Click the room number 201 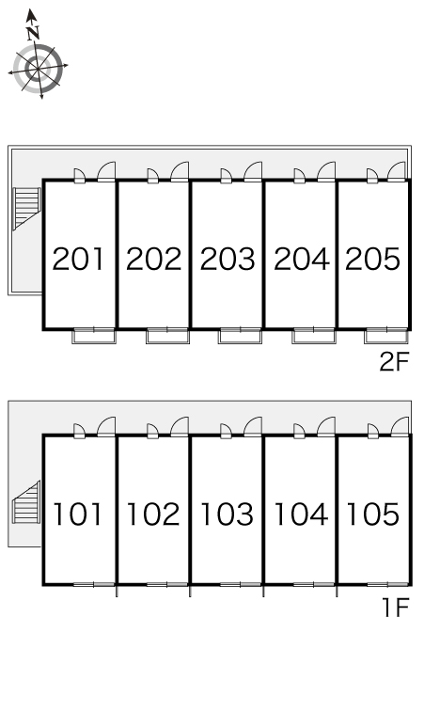pyautogui.click(x=78, y=259)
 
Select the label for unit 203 pyautogui.click(x=228, y=259)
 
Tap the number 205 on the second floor pyautogui.click(x=372, y=259)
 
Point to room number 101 pyautogui.click(x=77, y=514)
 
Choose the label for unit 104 pyautogui.click(x=301, y=514)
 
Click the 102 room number pyautogui.click(x=153, y=514)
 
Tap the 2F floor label pyautogui.click(x=394, y=362)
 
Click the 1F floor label pyautogui.click(x=396, y=608)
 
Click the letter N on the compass pyautogui.click(x=32, y=34)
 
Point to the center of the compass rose pyautogui.click(x=38, y=69)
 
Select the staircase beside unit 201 pyautogui.click(x=27, y=209)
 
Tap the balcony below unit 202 pyautogui.click(x=167, y=336)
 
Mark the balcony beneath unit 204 pyautogui.click(x=314, y=336)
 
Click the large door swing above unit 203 pyautogui.click(x=253, y=171)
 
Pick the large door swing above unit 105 pyautogui.click(x=400, y=426)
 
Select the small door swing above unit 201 pyautogui.click(x=79, y=175)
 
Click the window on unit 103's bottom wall pyautogui.click(x=241, y=584)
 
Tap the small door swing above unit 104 pyautogui.click(x=299, y=431)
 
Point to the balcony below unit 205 pyautogui.click(x=386, y=336)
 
